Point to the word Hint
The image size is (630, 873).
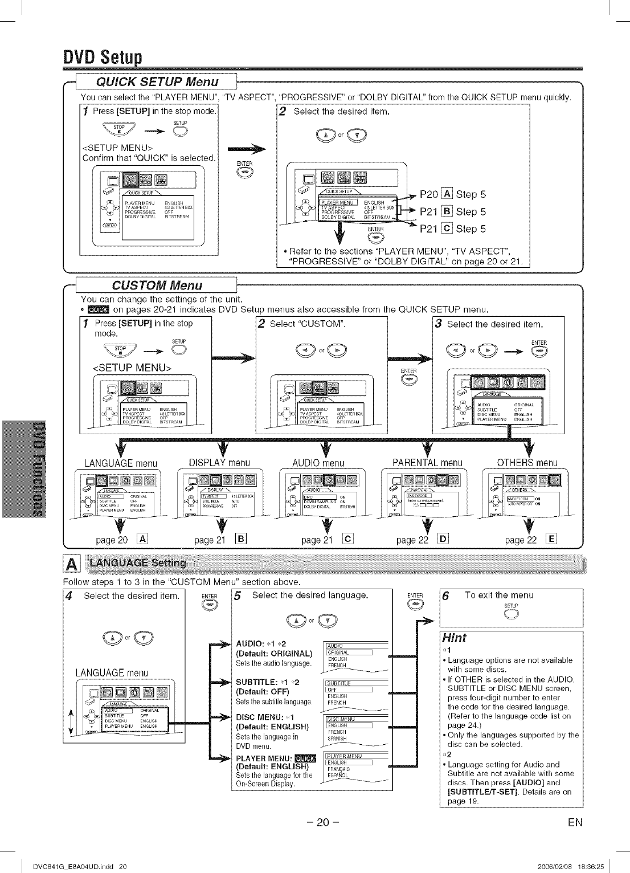pyautogui.click(x=455, y=638)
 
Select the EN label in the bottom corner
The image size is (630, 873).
pyautogui.click(x=575, y=822)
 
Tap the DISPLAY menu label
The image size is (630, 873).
pyautogui.click(x=219, y=462)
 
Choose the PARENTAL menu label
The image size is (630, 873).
pyautogui.click(x=427, y=462)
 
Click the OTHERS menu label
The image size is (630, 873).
pyautogui.click(x=527, y=462)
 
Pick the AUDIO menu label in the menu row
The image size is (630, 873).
pyautogui.click(x=318, y=463)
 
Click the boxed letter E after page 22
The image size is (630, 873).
pyautogui.click(x=551, y=539)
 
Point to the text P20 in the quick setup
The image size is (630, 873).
pyautogui.click(x=428, y=194)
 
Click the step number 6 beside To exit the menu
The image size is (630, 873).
pyautogui.click(x=445, y=595)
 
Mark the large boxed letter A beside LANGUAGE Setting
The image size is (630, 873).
pyautogui.click(x=72, y=564)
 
